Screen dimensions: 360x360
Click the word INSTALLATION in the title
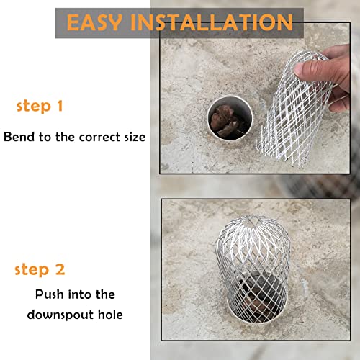217,21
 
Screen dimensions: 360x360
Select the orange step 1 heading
40,107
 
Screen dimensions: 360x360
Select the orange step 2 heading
40,270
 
